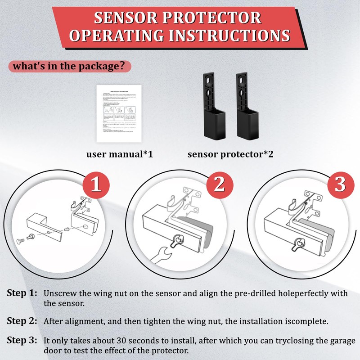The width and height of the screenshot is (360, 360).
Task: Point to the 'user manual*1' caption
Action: tap(120, 154)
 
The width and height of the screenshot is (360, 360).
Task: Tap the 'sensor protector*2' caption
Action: tap(230, 154)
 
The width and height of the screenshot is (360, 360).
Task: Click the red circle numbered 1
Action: tap(96, 186)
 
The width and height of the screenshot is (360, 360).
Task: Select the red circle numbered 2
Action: tap(219, 186)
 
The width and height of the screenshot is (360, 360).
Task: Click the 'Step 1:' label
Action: tap(22, 293)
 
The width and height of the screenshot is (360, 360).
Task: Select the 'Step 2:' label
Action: tap(22, 321)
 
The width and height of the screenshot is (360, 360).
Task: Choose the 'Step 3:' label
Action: tap(22, 341)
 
